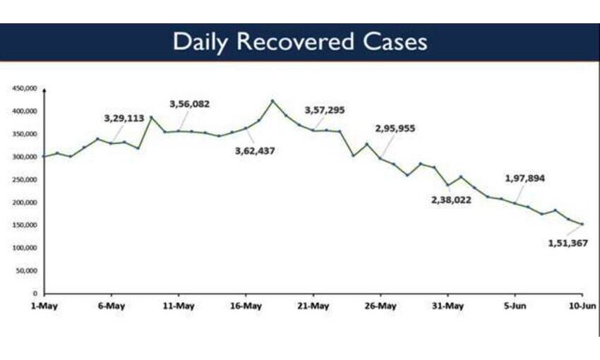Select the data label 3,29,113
coord(124,119)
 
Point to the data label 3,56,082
coord(189,104)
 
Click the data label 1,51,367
coord(568,242)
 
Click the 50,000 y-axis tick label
coord(27,270)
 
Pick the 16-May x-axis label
coord(245,306)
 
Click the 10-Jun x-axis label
coord(582,306)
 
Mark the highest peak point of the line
coord(272,101)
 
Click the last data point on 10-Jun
coord(582,224)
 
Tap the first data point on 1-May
coord(44,156)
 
